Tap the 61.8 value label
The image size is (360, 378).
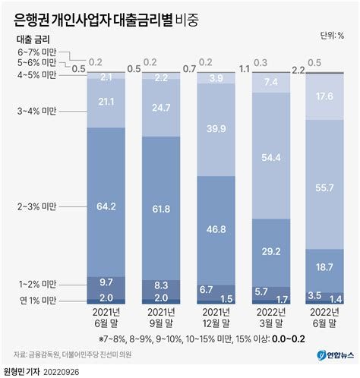161,207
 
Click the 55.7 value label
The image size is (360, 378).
324,187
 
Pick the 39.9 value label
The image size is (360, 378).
215,129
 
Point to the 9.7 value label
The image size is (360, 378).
106,282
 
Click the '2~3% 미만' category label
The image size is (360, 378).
38,206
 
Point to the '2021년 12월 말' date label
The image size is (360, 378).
215,319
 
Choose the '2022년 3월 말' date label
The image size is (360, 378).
270,319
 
